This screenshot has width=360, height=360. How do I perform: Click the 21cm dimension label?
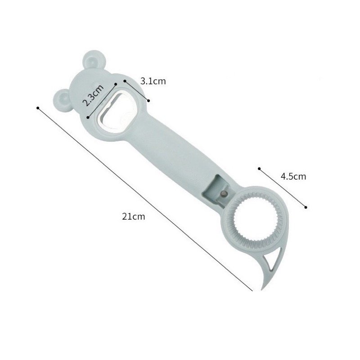click(133, 216)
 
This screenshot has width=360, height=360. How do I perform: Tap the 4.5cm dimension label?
click(293, 176)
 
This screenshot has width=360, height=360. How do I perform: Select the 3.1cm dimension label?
click(153, 81)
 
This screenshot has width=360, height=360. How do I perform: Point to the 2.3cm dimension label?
click(93, 95)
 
